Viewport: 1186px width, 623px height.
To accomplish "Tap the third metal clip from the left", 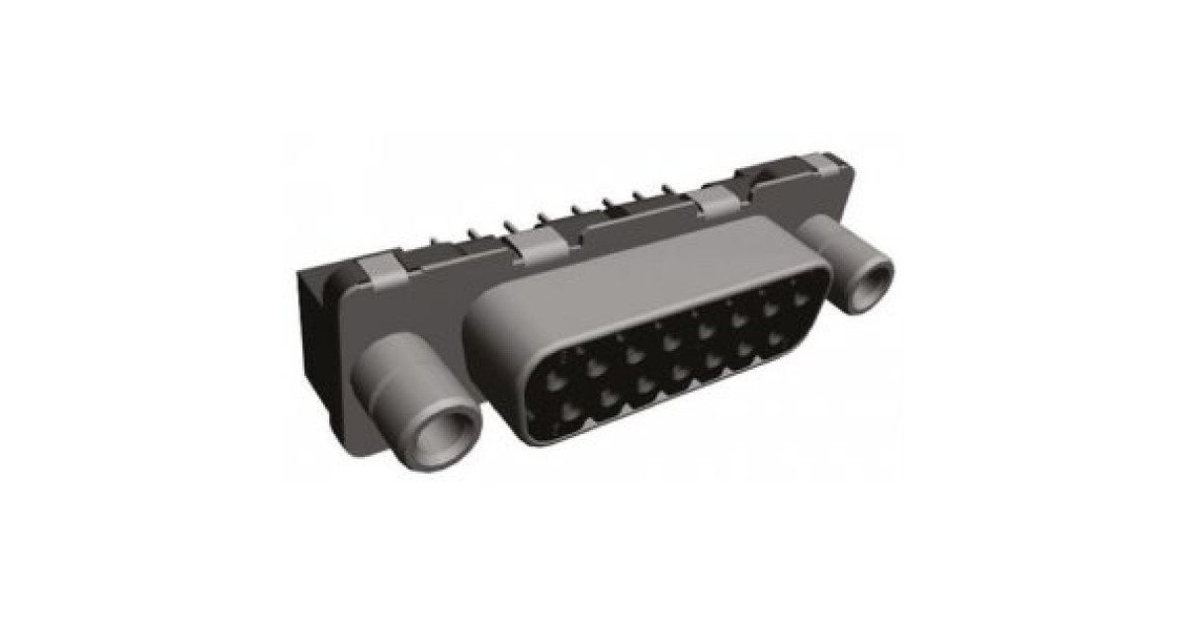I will point(714,201).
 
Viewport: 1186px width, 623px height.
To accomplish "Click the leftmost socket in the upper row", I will point(557,377).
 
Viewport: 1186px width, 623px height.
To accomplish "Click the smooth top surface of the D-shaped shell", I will point(633,282).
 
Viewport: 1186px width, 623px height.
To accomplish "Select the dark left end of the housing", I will point(311,326).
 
